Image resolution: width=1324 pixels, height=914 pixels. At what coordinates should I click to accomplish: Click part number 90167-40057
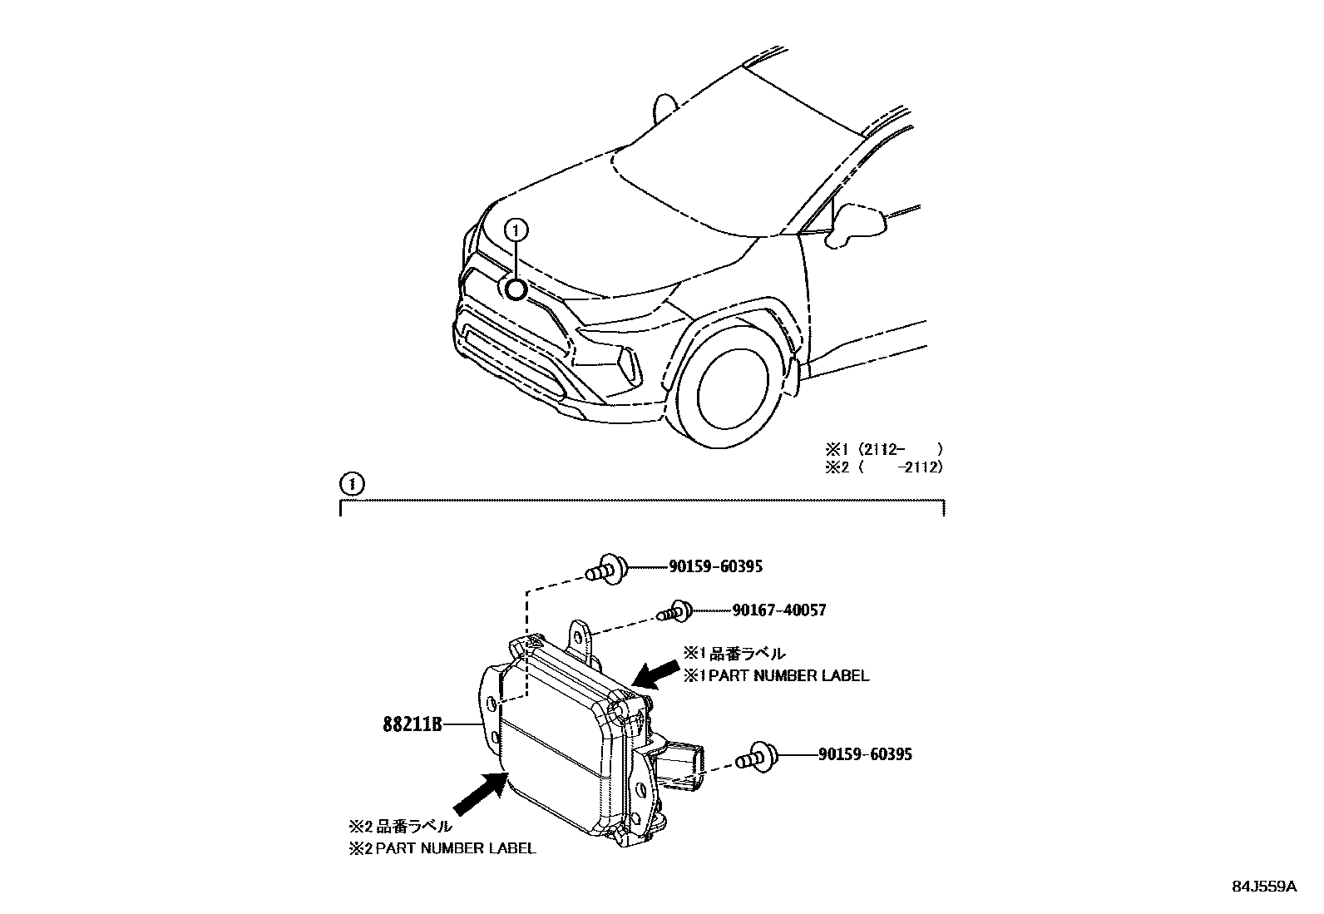pos(778,610)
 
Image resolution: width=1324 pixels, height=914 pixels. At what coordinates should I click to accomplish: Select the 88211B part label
pos(412,725)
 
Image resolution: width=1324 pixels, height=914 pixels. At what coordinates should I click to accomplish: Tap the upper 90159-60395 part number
pos(715,567)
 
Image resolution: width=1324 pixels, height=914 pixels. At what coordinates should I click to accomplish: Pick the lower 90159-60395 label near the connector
pos(865,754)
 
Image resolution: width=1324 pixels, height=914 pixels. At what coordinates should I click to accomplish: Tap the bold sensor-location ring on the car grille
pos(516,289)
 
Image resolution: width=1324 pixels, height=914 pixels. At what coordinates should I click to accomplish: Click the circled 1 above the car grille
pos(516,229)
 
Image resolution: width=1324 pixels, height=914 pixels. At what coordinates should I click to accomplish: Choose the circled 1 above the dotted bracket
pos(352,483)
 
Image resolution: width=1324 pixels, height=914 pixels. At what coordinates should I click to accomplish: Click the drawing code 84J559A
pos(1264,887)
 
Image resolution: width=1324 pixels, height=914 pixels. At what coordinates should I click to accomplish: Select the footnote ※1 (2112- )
pos(883,450)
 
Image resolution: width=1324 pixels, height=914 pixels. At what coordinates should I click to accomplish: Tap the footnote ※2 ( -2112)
pos(883,467)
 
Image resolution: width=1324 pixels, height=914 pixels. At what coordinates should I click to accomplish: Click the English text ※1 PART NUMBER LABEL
pos(776,676)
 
